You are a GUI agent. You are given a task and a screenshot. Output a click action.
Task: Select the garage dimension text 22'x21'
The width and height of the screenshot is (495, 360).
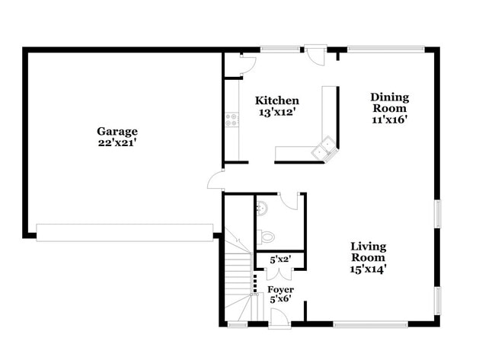click(x=117, y=142)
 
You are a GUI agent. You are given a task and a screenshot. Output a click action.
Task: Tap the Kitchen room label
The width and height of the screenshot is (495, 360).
click(x=276, y=100)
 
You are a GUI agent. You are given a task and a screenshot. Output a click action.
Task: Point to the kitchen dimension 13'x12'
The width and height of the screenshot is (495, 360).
click(x=276, y=113)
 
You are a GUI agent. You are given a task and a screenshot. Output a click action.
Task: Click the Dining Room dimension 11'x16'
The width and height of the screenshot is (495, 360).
click(x=390, y=119)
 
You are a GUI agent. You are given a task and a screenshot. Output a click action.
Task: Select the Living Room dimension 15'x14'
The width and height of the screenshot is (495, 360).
click(x=368, y=269)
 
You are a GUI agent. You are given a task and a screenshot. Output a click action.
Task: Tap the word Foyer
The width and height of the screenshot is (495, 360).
click(x=280, y=289)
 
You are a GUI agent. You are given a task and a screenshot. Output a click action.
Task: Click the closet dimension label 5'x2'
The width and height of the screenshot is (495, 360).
click(x=280, y=260)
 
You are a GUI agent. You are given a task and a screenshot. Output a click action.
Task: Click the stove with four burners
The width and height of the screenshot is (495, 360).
click(x=232, y=120)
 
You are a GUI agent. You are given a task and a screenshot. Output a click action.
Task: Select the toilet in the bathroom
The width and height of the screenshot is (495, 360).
click(x=263, y=235)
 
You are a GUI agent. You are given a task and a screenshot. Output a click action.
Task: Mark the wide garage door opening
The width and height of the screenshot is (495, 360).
click(x=124, y=232)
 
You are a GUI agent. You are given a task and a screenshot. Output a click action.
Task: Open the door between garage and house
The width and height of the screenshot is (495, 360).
click(x=216, y=180)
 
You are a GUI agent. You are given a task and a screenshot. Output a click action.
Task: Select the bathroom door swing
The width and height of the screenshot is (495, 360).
click(x=289, y=200)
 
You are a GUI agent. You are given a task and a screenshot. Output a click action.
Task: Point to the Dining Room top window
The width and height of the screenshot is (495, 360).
click(x=386, y=50)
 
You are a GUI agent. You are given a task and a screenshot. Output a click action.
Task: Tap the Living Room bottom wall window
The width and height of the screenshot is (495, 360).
click(x=370, y=325)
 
